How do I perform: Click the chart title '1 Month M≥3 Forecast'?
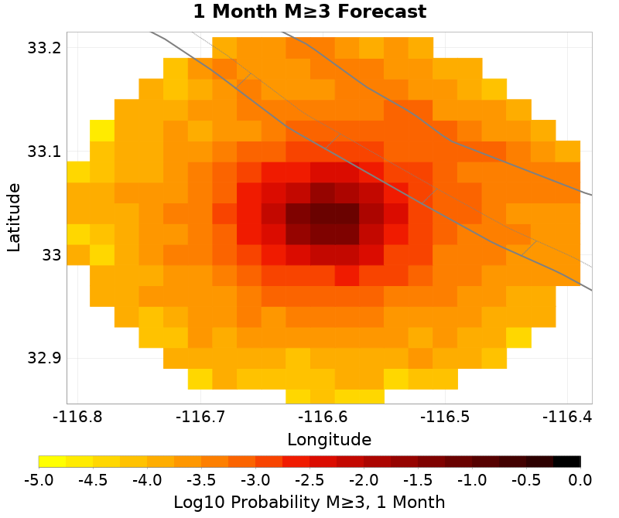tap(309, 12)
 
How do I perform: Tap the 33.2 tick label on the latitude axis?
tap(43, 48)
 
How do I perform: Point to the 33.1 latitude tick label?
tap(43, 152)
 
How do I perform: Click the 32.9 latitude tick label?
tap(43, 359)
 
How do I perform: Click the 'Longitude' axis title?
tap(329, 440)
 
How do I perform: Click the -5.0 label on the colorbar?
tap(39, 480)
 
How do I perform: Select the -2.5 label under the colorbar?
tap(309, 480)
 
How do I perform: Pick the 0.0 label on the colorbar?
tap(580, 480)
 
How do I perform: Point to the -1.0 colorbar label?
tap(472, 480)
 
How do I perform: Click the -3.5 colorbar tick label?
tap(201, 480)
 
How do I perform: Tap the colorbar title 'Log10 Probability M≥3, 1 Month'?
tap(309, 502)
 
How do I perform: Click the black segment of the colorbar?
tap(567, 462)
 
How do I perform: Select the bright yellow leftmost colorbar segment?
tap(52, 462)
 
